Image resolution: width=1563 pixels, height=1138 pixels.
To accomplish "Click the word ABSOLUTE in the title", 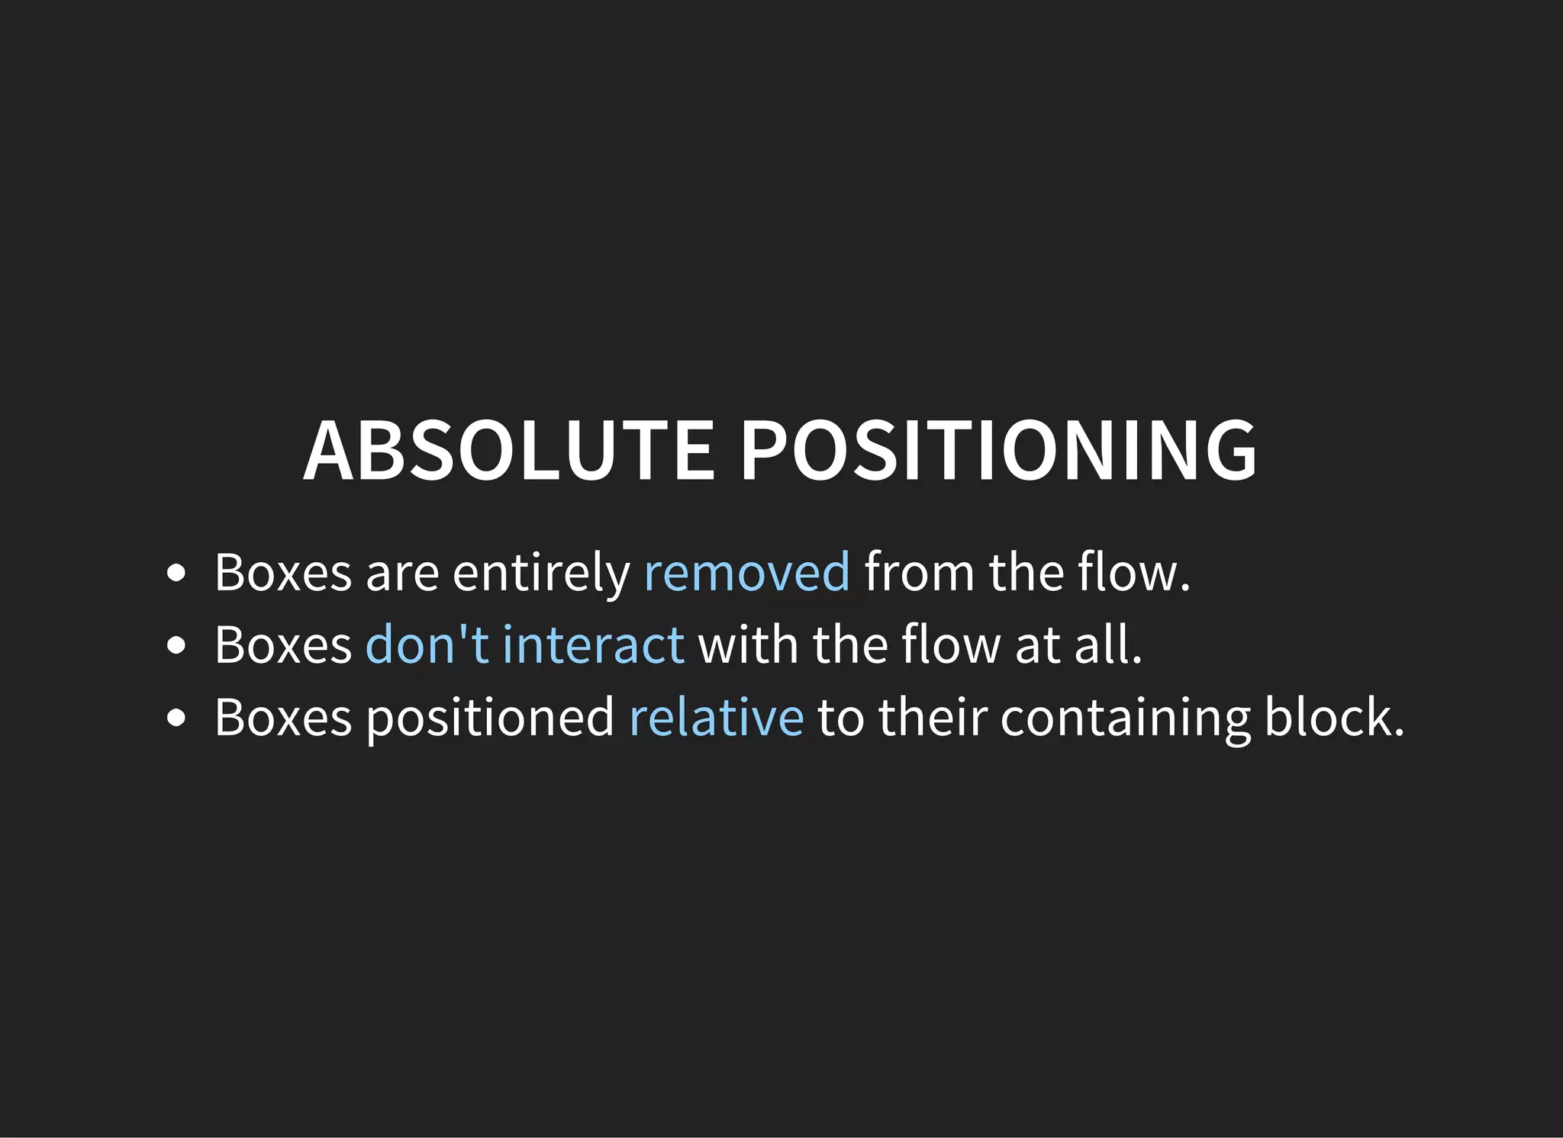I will (x=509, y=451).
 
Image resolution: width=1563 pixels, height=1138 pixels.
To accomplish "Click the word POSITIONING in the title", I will (x=998, y=451).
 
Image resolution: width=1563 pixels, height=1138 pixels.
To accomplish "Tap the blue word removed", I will (x=746, y=572).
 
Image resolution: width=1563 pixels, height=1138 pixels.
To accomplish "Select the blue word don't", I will (x=427, y=645).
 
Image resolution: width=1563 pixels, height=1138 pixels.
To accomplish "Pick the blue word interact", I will (x=593, y=645).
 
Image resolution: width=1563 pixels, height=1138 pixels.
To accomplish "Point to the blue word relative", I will (x=716, y=717).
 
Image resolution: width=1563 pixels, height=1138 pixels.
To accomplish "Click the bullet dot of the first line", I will (x=176, y=573).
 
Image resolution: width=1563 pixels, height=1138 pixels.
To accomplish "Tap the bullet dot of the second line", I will (x=176, y=645).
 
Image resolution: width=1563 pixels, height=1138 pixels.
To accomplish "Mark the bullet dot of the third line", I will (x=176, y=718).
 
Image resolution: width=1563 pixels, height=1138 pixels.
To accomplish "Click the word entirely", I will (x=541, y=572).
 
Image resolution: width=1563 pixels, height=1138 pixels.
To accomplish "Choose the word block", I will (x=1333, y=717).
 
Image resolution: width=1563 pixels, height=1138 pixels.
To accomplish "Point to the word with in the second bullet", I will (x=748, y=645).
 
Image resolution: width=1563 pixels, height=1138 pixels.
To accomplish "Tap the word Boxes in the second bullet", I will (x=283, y=645).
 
